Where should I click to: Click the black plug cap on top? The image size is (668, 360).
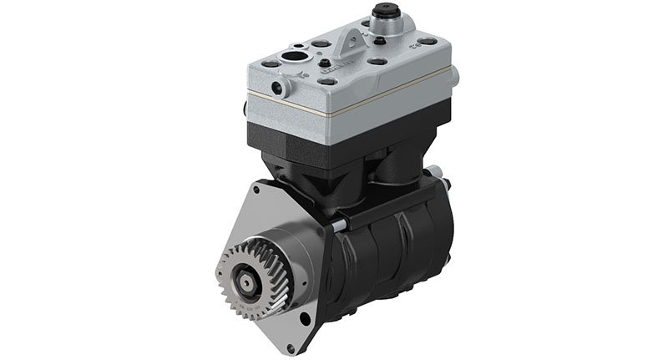385,13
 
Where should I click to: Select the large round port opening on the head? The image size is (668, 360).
295,58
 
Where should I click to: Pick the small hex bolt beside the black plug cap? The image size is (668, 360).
380,39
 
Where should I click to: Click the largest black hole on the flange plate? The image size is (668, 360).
305,317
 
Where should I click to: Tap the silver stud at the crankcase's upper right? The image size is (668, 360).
436,174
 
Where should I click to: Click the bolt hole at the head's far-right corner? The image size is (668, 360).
428,41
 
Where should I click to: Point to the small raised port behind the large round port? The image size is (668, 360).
298,45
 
